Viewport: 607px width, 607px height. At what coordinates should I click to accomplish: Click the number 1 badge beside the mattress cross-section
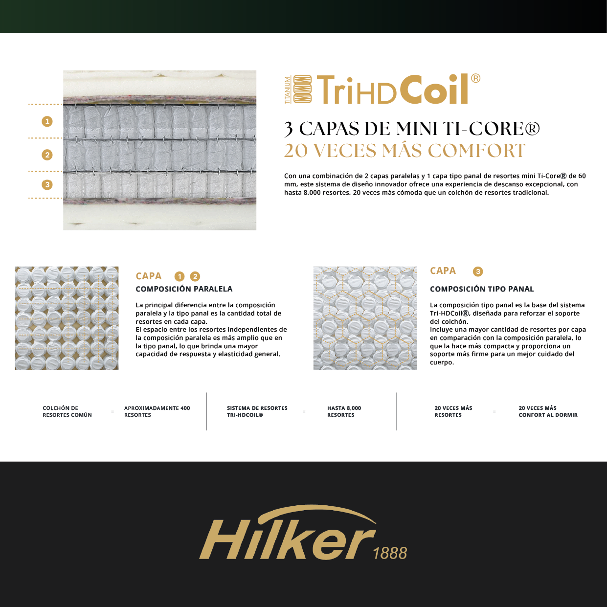click(47, 121)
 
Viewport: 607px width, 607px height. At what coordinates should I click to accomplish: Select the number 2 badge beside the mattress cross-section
click(47, 155)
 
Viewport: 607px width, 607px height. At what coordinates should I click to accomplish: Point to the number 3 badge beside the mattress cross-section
click(47, 185)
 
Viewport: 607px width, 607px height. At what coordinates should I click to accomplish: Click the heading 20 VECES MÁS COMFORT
click(405, 151)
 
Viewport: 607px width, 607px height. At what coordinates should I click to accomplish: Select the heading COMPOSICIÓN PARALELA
click(184, 289)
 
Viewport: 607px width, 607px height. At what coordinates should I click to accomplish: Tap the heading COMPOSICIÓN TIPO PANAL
click(482, 289)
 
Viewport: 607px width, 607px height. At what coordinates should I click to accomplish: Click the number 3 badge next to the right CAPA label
click(478, 271)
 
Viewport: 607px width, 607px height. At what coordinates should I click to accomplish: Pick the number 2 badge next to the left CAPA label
click(195, 277)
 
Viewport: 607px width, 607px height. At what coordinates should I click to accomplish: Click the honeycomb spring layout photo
click(365, 318)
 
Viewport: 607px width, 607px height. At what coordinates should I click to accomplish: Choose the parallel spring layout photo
click(67, 318)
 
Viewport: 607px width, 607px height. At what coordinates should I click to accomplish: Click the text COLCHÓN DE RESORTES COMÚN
click(67, 411)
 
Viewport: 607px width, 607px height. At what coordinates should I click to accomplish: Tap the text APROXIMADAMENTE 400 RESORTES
click(157, 411)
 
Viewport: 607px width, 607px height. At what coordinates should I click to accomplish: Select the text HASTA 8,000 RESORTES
click(344, 411)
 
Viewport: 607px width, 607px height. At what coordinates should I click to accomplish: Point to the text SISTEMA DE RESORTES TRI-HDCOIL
click(257, 411)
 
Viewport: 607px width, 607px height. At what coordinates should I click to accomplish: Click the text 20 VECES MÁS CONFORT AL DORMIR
click(548, 411)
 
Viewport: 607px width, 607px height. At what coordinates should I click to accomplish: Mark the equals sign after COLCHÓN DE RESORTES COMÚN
click(112, 412)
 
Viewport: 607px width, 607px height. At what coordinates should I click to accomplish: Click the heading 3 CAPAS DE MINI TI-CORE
click(412, 129)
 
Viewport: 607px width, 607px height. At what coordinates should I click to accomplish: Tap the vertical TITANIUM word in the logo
click(288, 90)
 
